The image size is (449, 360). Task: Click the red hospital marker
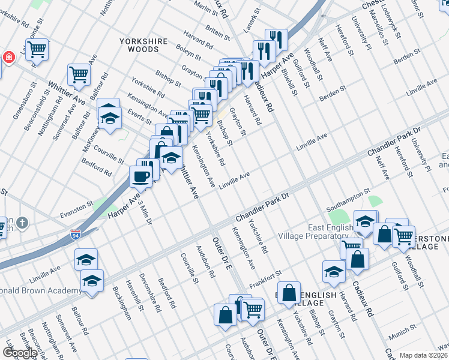[x=8, y=58]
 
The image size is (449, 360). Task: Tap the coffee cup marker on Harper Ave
[x=141, y=177]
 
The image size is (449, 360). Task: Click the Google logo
[x=20, y=353]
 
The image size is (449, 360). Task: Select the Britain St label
[x=218, y=32]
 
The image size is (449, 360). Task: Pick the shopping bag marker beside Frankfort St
[x=289, y=293]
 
